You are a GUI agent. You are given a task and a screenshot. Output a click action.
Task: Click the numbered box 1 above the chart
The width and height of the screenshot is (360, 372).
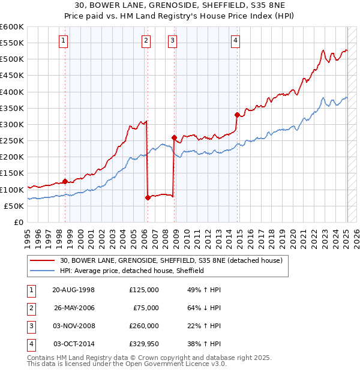pos(64,41)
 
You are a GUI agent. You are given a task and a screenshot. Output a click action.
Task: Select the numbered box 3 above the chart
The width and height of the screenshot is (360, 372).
pos(172,41)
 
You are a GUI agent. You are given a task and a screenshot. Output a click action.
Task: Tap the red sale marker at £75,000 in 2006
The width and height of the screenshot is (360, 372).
pos(148,197)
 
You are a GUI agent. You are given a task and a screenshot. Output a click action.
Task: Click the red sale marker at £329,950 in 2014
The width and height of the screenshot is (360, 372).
pos(237,115)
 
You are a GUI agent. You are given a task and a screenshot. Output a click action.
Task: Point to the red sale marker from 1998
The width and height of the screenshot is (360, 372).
pos(65,181)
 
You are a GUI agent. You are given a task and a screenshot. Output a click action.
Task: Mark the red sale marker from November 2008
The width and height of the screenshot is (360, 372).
pos(174,137)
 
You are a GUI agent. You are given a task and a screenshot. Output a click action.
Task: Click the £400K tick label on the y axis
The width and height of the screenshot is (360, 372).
pos(12,92)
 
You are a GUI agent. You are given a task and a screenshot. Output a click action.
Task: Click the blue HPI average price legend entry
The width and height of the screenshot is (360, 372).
pos(132,271)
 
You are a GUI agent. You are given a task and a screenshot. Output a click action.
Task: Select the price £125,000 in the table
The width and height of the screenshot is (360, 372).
pos(144,290)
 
